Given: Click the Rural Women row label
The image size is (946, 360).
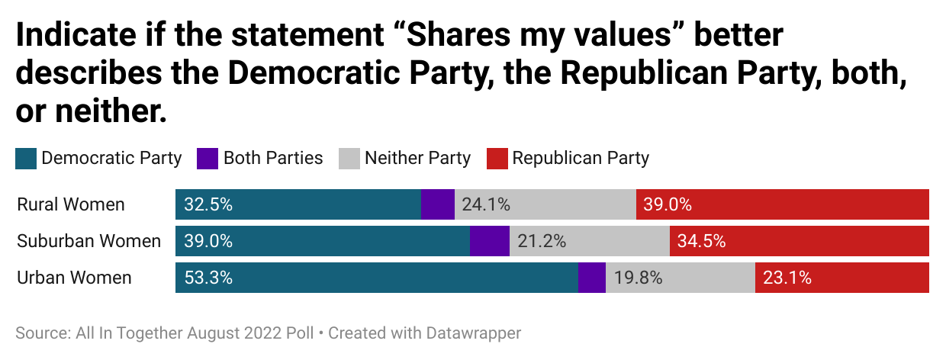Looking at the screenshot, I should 70,204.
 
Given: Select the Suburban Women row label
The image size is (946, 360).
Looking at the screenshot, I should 88,241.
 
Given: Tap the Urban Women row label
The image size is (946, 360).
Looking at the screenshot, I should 74,278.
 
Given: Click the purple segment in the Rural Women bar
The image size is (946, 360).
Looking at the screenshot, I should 438,204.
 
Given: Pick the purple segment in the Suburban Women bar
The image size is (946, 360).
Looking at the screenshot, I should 489,241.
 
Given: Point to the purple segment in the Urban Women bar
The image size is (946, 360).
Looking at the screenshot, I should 592,278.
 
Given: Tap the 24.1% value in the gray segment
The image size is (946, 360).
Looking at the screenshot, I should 486,204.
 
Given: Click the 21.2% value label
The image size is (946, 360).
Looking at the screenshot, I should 542,241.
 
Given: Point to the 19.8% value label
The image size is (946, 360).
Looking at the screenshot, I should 638,278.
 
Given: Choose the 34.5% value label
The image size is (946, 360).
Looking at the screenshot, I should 701,241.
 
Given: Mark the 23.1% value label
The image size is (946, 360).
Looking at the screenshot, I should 787,278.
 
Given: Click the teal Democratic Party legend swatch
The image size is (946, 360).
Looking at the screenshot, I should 26,159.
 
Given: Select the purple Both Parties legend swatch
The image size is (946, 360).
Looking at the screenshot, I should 208,159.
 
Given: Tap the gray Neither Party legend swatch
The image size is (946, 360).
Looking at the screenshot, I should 349,159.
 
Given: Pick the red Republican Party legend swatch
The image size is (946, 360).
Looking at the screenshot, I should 497,159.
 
